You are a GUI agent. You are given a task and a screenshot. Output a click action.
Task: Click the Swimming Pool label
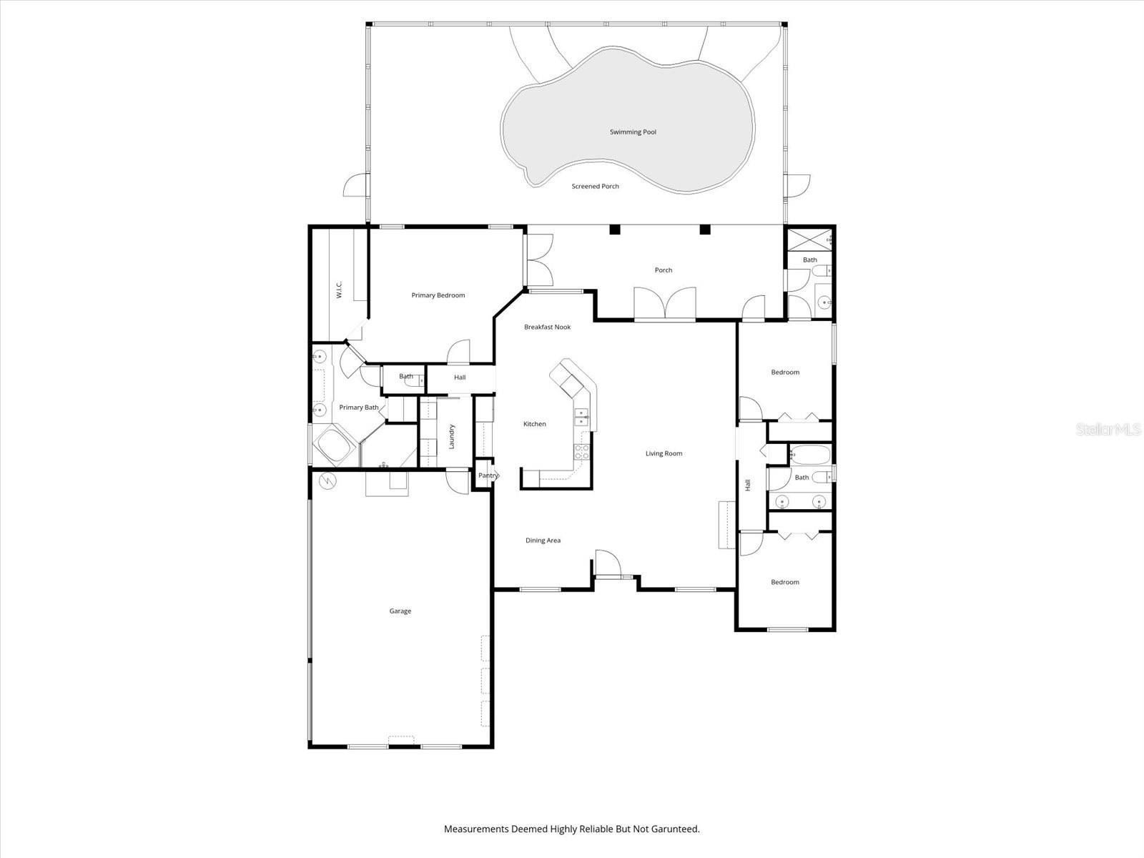pos(633,132)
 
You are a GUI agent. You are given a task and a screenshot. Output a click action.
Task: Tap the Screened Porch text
pos(595,187)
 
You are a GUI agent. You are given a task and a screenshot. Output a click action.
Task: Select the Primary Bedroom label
pos(438,295)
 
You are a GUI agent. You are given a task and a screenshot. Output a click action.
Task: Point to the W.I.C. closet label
pos(339,290)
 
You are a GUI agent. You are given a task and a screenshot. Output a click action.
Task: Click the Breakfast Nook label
pos(547,327)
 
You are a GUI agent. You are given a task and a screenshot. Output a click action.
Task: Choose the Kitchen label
pos(535,424)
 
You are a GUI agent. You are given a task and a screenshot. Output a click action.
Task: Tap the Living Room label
pos(664,454)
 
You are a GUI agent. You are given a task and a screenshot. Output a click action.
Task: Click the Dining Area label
pos(543,541)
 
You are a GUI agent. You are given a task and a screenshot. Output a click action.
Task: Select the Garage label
pos(400,611)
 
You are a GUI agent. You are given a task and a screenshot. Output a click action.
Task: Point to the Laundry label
pos(451,437)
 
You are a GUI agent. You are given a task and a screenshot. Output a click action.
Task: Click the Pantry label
pos(488,475)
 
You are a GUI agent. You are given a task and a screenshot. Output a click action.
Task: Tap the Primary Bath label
pos(359,408)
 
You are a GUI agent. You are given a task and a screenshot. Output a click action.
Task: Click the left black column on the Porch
pos(615,230)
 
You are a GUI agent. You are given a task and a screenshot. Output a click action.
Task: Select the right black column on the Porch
pos(705,230)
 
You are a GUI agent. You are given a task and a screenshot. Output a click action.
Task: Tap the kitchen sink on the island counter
pos(581,415)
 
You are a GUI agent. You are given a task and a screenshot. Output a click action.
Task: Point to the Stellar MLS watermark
pos(1108,429)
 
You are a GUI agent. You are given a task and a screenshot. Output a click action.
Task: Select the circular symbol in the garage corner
pos(328,480)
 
